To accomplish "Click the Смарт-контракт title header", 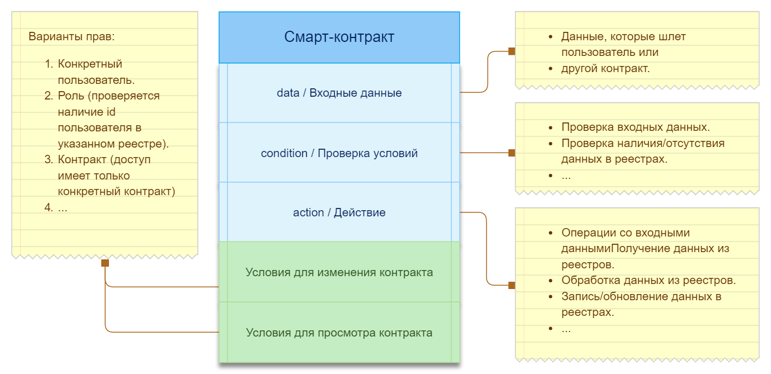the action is [x=339, y=37].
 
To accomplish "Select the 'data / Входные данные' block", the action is [x=339, y=93].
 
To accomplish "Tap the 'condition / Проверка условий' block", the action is [x=339, y=153].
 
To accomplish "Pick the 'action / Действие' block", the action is [x=339, y=212].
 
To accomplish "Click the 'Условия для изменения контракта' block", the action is [x=339, y=272].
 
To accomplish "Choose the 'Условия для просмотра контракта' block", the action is [x=339, y=332].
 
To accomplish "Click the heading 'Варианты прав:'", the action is [x=72, y=36].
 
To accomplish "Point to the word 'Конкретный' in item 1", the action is [x=90, y=64].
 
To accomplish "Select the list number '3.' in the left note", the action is [x=49, y=159].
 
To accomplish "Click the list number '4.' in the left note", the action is [x=49, y=207].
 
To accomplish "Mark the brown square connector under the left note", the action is [x=105, y=263].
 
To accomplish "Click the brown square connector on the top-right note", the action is [x=512, y=51].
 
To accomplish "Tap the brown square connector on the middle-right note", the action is [x=512, y=153].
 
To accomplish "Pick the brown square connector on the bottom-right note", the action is [x=512, y=285].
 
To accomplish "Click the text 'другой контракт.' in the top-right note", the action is [x=606, y=69].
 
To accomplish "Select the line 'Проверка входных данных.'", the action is [x=635, y=127].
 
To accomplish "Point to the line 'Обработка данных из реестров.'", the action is [x=649, y=280].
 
